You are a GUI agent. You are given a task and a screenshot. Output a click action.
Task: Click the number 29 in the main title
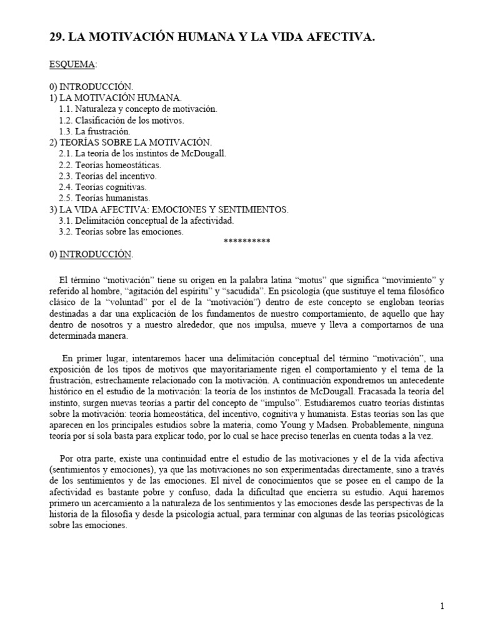pyautogui.click(x=56, y=38)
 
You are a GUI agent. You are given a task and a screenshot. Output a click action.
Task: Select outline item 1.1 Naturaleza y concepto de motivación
pyautogui.click(x=137, y=108)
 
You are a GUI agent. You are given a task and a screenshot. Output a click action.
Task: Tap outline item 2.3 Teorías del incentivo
pyautogui.click(x=107, y=176)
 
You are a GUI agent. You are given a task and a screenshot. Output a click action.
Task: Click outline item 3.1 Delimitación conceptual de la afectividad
pyautogui.click(x=146, y=221)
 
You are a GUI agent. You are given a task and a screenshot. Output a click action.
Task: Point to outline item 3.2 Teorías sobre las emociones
pyautogui.click(x=121, y=232)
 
